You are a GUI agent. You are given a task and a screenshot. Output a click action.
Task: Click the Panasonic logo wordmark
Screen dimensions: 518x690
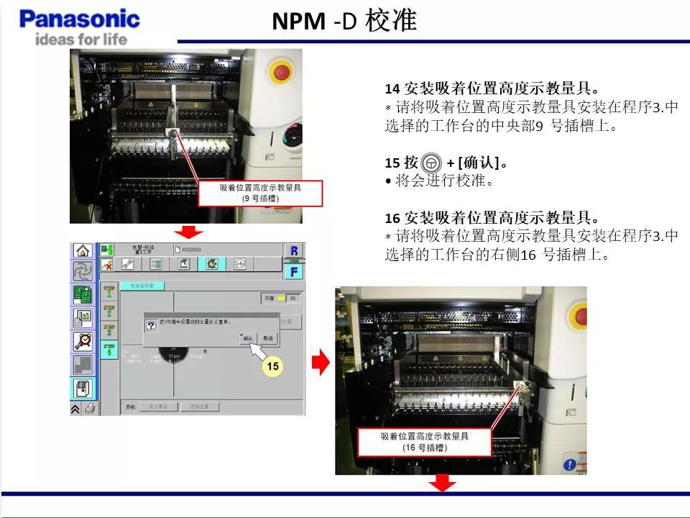pyautogui.click(x=79, y=18)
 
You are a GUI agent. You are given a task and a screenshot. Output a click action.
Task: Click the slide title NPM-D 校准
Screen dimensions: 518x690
pyautogui.click(x=344, y=21)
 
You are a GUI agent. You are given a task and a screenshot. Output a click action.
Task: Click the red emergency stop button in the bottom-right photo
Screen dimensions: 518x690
pyautogui.click(x=576, y=316)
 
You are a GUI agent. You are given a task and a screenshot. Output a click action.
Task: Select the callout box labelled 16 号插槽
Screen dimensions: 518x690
pyautogui.click(x=424, y=441)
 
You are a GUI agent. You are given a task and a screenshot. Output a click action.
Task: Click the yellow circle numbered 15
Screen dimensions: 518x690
pyautogui.click(x=272, y=366)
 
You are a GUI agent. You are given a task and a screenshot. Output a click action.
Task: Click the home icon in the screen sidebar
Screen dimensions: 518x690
pyautogui.click(x=83, y=251)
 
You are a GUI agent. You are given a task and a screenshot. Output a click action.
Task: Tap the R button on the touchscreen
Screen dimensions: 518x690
pyautogui.click(x=294, y=251)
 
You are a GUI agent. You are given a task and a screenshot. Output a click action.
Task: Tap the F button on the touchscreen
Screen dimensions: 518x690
pyautogui.click(x=294, y=271)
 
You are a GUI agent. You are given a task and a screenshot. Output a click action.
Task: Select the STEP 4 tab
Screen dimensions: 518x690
pyautogui.click(x=109, y=350)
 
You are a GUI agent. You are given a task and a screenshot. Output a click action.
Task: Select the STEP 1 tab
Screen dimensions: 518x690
pyautogui.click(x=109, y=291)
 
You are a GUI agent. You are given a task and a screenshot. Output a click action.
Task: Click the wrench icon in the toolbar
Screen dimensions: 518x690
pyautogui.click(x=128, y=264)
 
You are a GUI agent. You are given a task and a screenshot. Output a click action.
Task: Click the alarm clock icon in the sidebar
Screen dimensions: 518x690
pyautogui.click(x=83, y=341)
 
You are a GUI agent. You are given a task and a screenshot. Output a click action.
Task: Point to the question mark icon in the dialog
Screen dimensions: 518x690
pyautogui.click(x=151, y=325)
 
